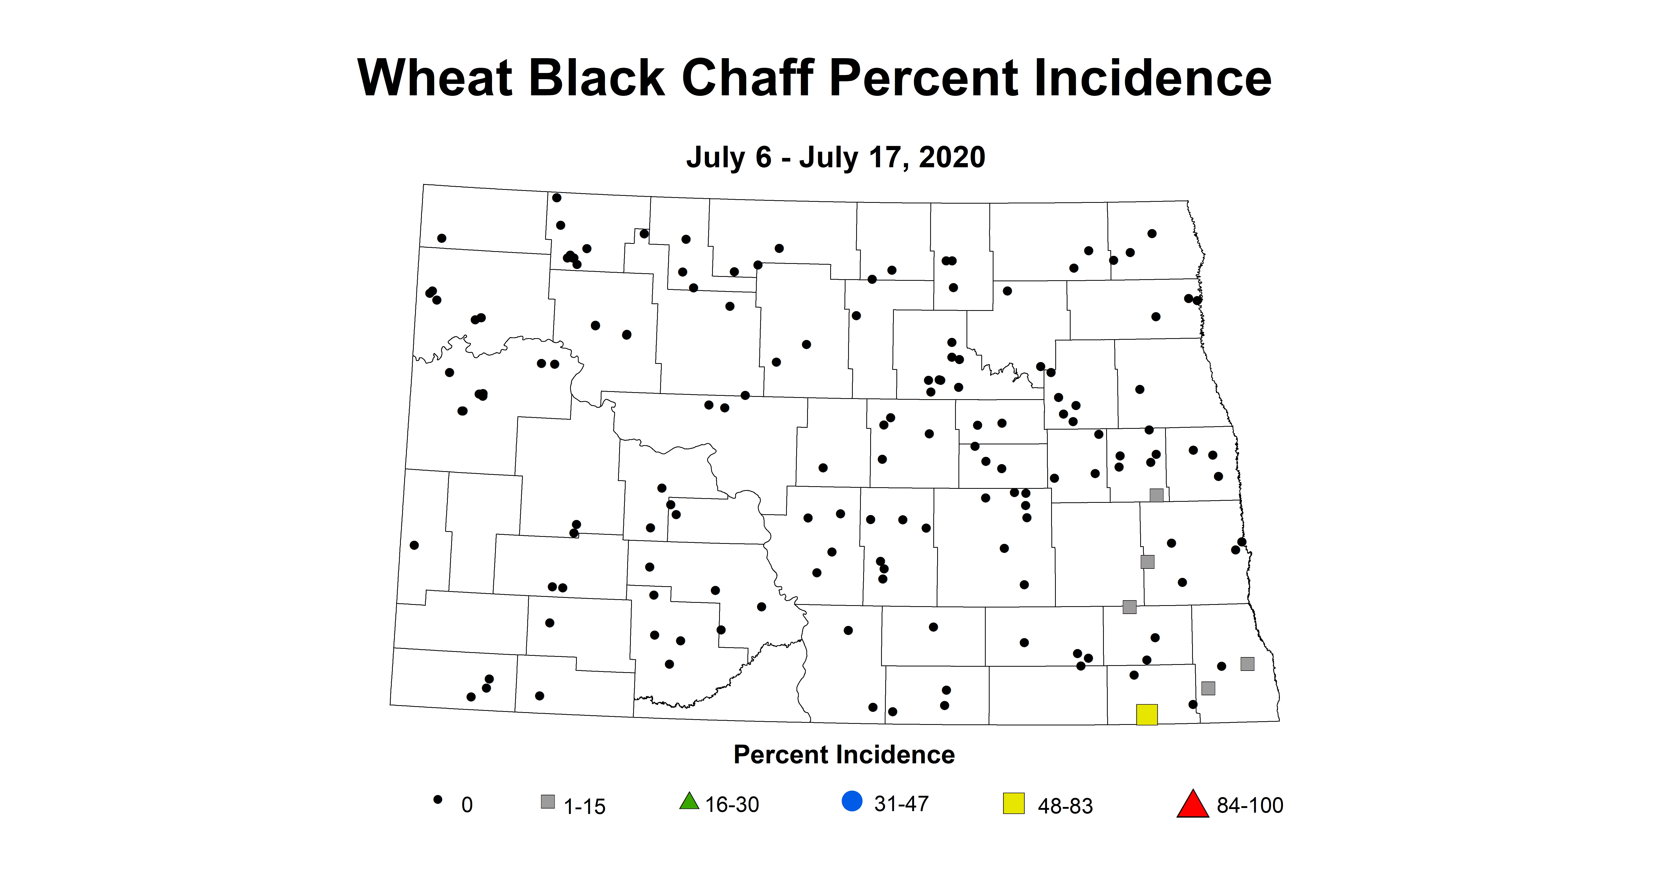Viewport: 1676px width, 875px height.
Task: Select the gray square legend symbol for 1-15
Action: [548, 802]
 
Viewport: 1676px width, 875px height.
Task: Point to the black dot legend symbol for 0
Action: [438, 799]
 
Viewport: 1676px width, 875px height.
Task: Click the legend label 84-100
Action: [1250, 805]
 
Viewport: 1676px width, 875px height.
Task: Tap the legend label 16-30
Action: [732, 805]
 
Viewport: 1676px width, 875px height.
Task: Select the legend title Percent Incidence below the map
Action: [844, 754]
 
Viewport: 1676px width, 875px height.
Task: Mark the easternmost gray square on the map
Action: [1247, 664]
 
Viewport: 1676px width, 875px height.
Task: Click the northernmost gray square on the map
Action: [1156, 495]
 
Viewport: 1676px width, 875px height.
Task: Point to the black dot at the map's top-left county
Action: [442, 238]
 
